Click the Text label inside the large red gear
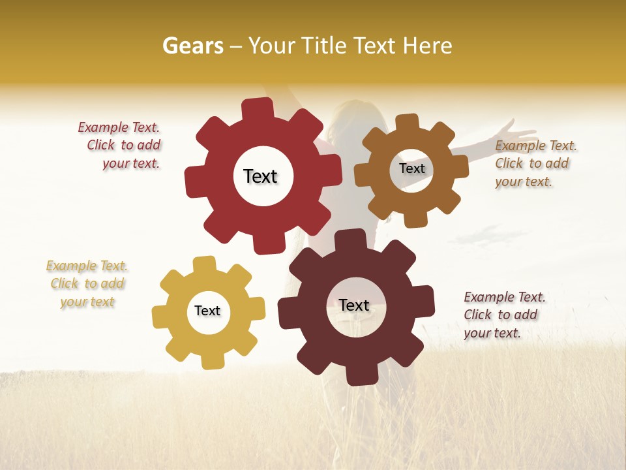(260, 176)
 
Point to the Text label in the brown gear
(411, 168)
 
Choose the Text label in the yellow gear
(207, 311)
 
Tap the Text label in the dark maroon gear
(354, 305)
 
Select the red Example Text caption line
(119, 127)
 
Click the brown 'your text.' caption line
(523, 182)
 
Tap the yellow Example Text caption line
(87, 266)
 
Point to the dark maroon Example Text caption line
(505, 297)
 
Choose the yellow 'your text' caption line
(87, 302)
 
